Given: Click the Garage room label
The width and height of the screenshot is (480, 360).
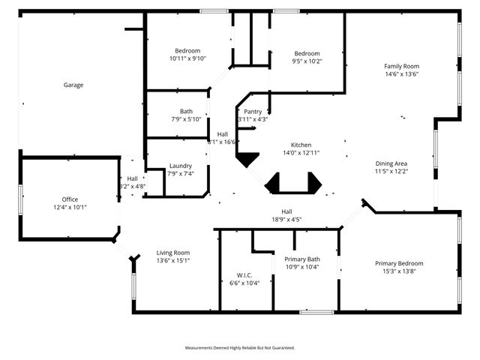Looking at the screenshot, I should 73,85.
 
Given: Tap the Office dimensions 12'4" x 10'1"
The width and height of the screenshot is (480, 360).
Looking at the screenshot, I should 70,207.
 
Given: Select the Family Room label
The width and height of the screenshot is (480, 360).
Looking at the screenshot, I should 401,66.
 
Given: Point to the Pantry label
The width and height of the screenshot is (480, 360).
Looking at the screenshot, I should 253,112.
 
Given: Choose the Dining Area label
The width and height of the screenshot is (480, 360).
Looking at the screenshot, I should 391,163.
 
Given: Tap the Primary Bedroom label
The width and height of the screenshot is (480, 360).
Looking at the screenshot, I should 399,263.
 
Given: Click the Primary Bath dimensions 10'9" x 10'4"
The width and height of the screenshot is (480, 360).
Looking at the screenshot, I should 302,267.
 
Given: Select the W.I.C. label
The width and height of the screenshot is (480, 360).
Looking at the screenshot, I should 244,274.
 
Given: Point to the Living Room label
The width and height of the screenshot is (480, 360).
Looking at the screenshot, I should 173,253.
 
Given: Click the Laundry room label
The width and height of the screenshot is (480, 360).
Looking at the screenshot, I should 181,166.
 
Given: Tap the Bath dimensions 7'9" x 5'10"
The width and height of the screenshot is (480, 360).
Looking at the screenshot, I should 186,119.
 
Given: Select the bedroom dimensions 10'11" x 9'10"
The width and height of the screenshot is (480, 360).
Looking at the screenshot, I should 187,58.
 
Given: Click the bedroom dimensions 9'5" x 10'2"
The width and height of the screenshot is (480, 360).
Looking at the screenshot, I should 307,61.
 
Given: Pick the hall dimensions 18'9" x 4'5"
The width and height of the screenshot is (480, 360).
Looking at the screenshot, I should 286,220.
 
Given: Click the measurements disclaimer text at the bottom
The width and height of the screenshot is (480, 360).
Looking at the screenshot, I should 240,348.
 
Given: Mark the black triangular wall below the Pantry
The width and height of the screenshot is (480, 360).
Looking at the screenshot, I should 247,159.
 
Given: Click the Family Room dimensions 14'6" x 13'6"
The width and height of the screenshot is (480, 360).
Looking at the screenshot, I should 401,74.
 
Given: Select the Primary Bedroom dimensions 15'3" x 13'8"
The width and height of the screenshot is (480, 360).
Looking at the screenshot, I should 399,271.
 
